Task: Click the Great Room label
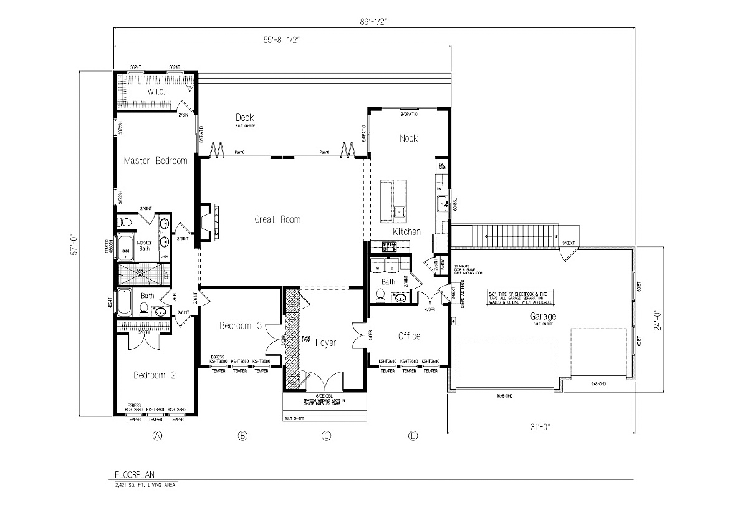[277, 219]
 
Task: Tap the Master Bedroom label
[155, 161]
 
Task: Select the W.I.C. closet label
[155, 92]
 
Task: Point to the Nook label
[408, 138]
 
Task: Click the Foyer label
[326, 342]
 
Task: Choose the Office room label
[409, 336]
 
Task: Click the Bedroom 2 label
[155, 375]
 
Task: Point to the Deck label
[244, 118]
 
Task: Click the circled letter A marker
[158, 435]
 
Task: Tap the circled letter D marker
[412, 435]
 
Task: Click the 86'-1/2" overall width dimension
[376, 21]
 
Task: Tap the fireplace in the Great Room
[207, 221]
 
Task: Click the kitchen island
[394, 201]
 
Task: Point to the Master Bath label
[144, 245]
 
